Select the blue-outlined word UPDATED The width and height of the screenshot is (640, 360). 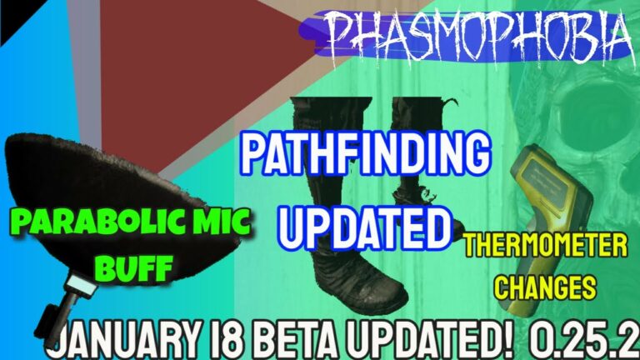tap(365, 227)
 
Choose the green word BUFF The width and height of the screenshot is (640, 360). tap(136, 267)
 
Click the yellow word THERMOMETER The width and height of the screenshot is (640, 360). tap(546, 246)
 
